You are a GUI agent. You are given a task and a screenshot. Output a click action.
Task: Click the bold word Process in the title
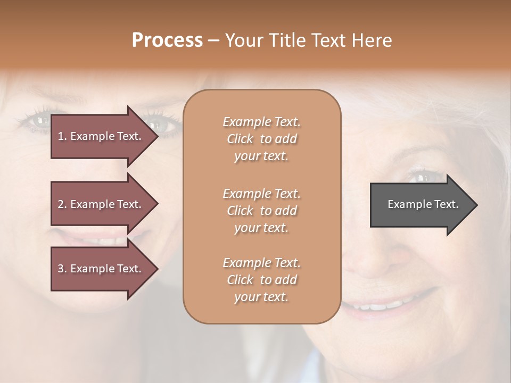(x=167, y=40)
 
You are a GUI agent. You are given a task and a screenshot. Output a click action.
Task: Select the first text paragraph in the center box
(x=261, y=139)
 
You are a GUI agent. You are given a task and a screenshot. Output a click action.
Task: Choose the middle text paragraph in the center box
(x=261, y=210)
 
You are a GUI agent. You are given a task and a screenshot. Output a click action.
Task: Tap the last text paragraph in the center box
(x=261, y=280)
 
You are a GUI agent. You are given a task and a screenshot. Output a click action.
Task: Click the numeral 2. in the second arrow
(x=62, y=204)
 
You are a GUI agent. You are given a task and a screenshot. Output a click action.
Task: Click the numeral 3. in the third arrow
(x=62, y=269)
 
